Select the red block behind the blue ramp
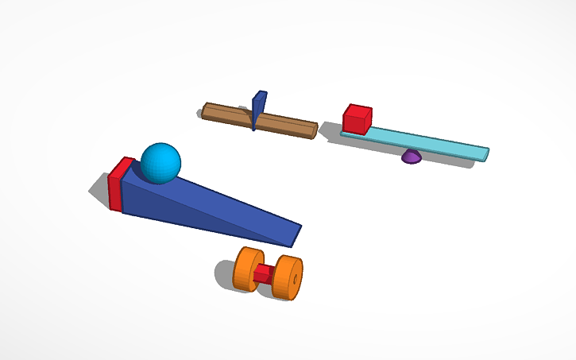pyautogui.click(x=118, y=185)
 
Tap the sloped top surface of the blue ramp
pyautogui.click(x=215, y=200)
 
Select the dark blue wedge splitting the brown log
pyautogui.click(x=258, y=109)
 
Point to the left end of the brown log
pyautogui.click(x=205, y=109)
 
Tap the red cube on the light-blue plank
pyautogui.click(x=357, y=119)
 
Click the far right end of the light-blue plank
pyautogui.click(x=485, y=153)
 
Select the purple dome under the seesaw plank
pyautogui.click(x=411, y=157)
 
